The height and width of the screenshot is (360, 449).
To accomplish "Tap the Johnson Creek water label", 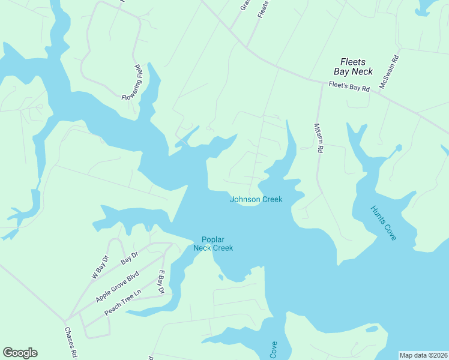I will (x=256, y=200).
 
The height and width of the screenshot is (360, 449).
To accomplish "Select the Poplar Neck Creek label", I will (x=212, y=244).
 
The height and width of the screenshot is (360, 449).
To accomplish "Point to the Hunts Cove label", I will (x=383, y=223).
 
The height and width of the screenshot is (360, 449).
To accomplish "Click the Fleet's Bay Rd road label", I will (x=349, y=86).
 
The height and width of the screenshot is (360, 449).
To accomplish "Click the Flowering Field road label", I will (x=131, y=82).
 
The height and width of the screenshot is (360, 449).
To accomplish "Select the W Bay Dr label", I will (x=100, y=267).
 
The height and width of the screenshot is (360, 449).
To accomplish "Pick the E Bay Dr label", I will (x=161, y=281).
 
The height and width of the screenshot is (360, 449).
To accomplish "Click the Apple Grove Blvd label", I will (x=118, y=287).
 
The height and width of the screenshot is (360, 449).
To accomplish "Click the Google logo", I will (x=20, y=353).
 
